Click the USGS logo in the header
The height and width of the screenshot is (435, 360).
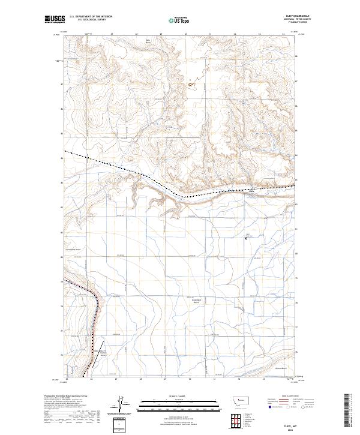(x=53, y=20)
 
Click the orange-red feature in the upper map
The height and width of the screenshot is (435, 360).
(x=191, y=85)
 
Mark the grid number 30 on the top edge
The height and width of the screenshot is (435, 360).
(x=186, y=34)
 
